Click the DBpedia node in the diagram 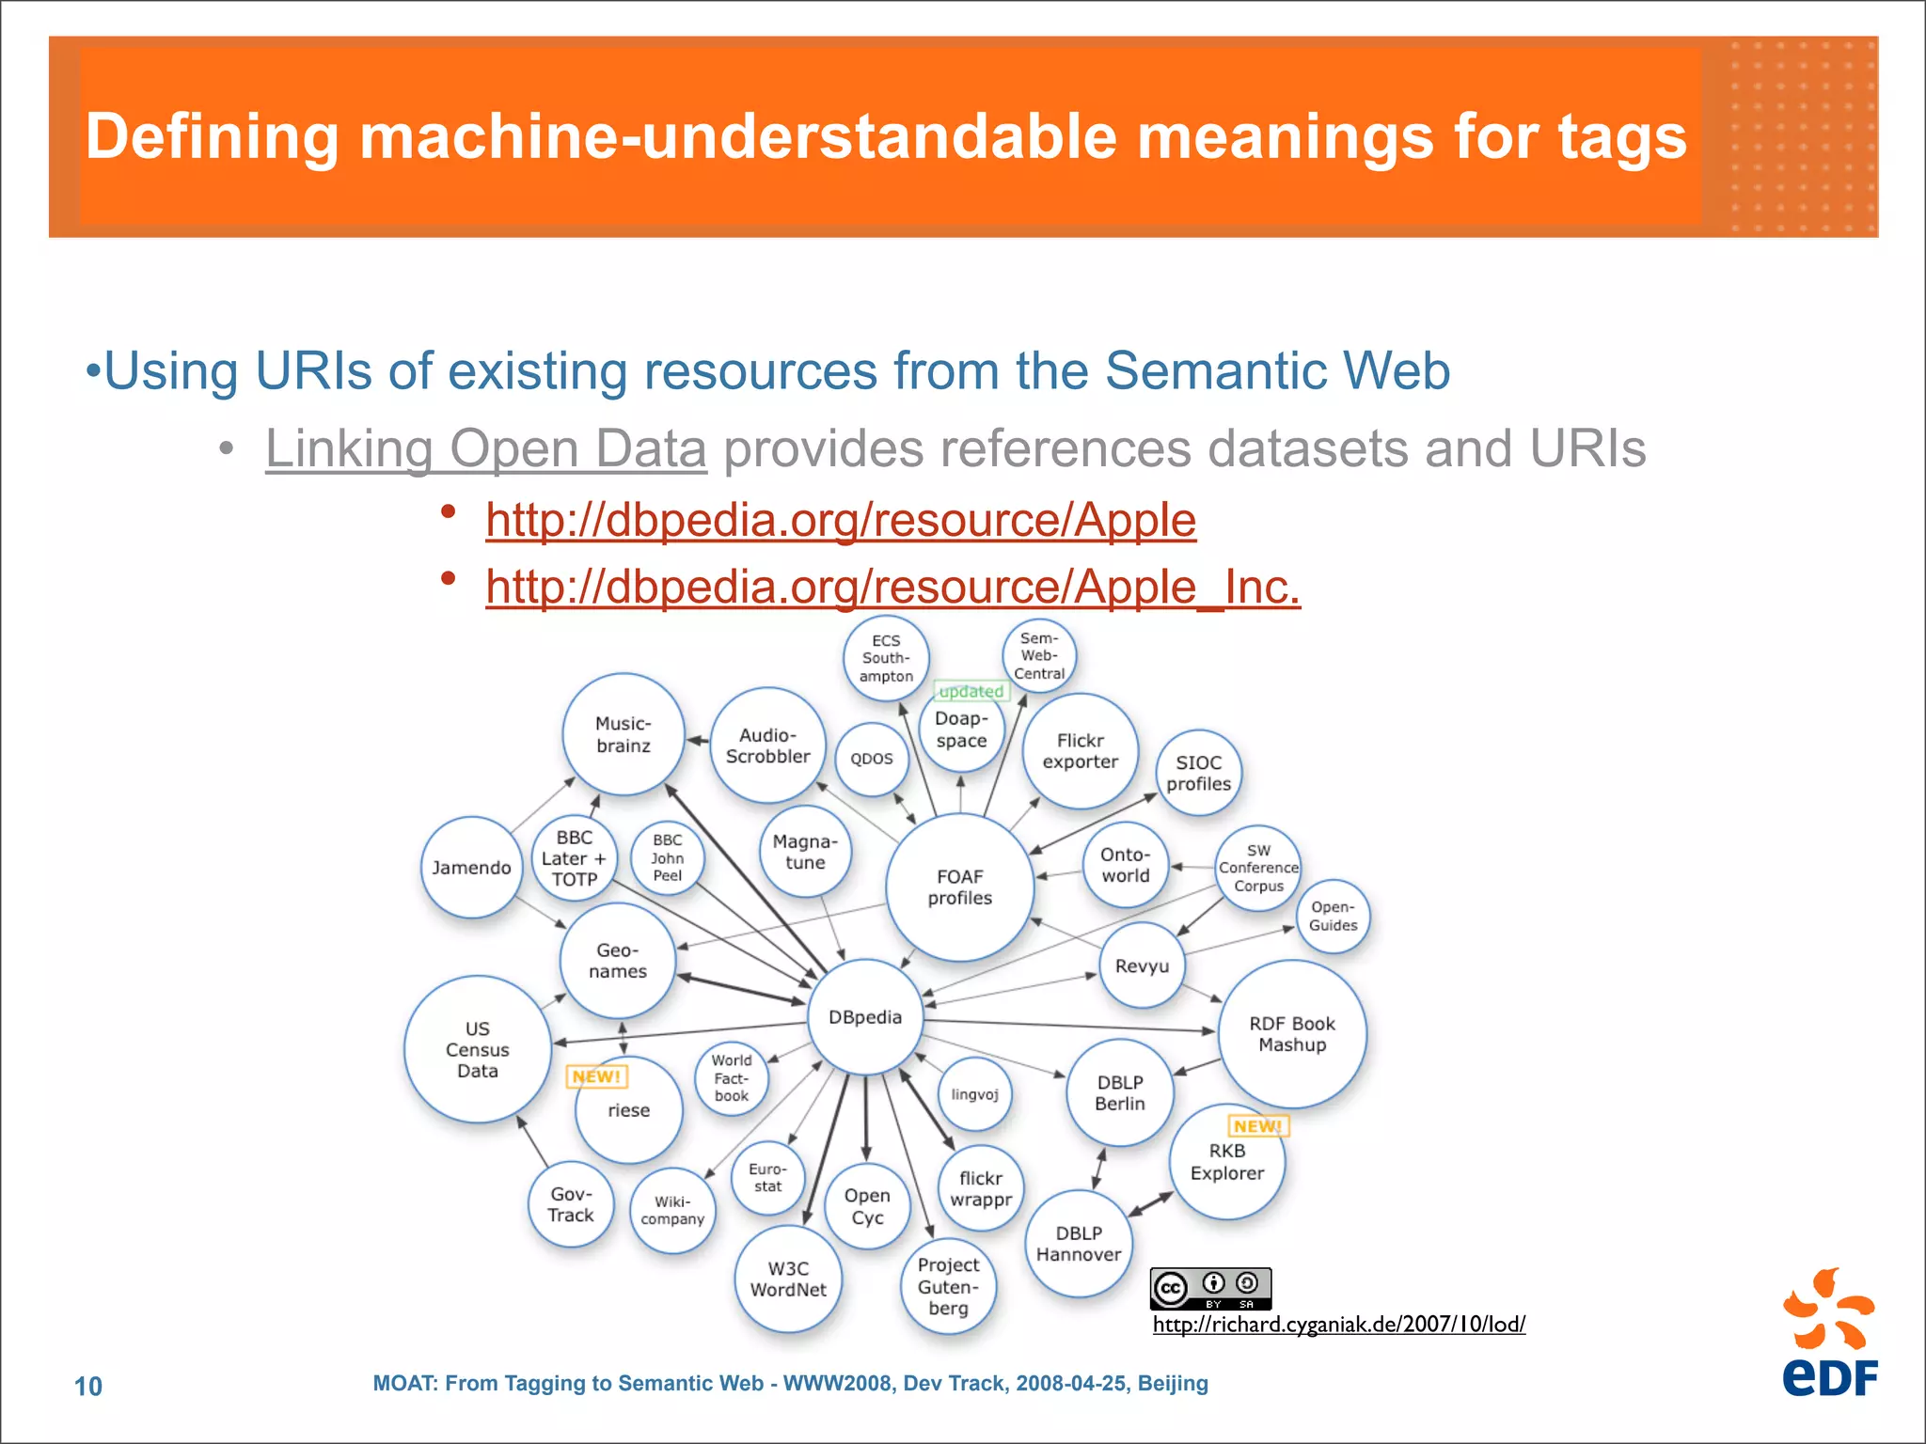pyautogui.click(x=865, y=1017)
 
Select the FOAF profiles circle pyautogui.click(x=959, y=887)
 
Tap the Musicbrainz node pyautogui.click(x=623, y=734)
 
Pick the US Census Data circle pyautogui.click(x=478, y=1049)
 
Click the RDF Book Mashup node pyautogui.click(x=1292, y=1034)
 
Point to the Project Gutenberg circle pyautogui.click(x=948, y=1286)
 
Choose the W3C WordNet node pyautogui.click(x=788, y=1279)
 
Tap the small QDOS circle pyautogui.click(x=872, y=759)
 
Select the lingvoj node pyautogui.click(x=974, y=1094)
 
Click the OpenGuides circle pyautogui.click(x=1333, y=917)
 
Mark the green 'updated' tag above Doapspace pyautogui.click(x=971, y=692)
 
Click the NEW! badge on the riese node pyautogui.click(x=596, y=1076)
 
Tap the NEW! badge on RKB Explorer pyautogui.click(x=1257, y=1126)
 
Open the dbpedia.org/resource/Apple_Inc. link pyautogui.click(x=892, y=587)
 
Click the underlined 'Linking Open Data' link pyautogui.click(x=485, y=448)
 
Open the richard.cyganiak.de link pyautogui.click(x=1338, y=1325)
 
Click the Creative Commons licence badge pyautogui.click(x=1210, y=1288)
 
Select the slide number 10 pyautogui.click(x=88, y=1386)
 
